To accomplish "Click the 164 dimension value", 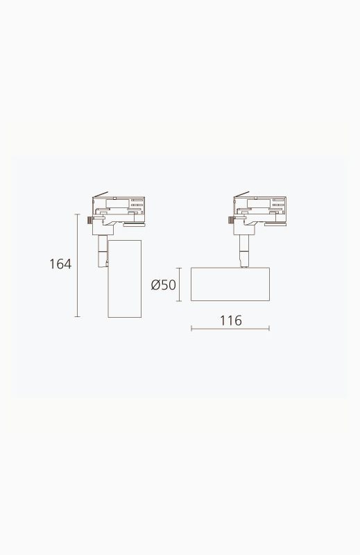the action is pos(60,264).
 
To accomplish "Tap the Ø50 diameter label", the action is pos(163,284).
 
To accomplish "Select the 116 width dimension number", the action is pos(231,321).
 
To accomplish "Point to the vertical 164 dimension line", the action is pos(78,266).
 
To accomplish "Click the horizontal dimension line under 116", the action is pos(230,329).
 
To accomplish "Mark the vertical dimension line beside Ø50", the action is pos(180,284).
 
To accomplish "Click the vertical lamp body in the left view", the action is pos(125,279).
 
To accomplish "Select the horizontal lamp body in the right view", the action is pos(230,284).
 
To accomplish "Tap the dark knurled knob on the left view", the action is pos(89,220).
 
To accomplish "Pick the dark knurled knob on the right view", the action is pos(231,220).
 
